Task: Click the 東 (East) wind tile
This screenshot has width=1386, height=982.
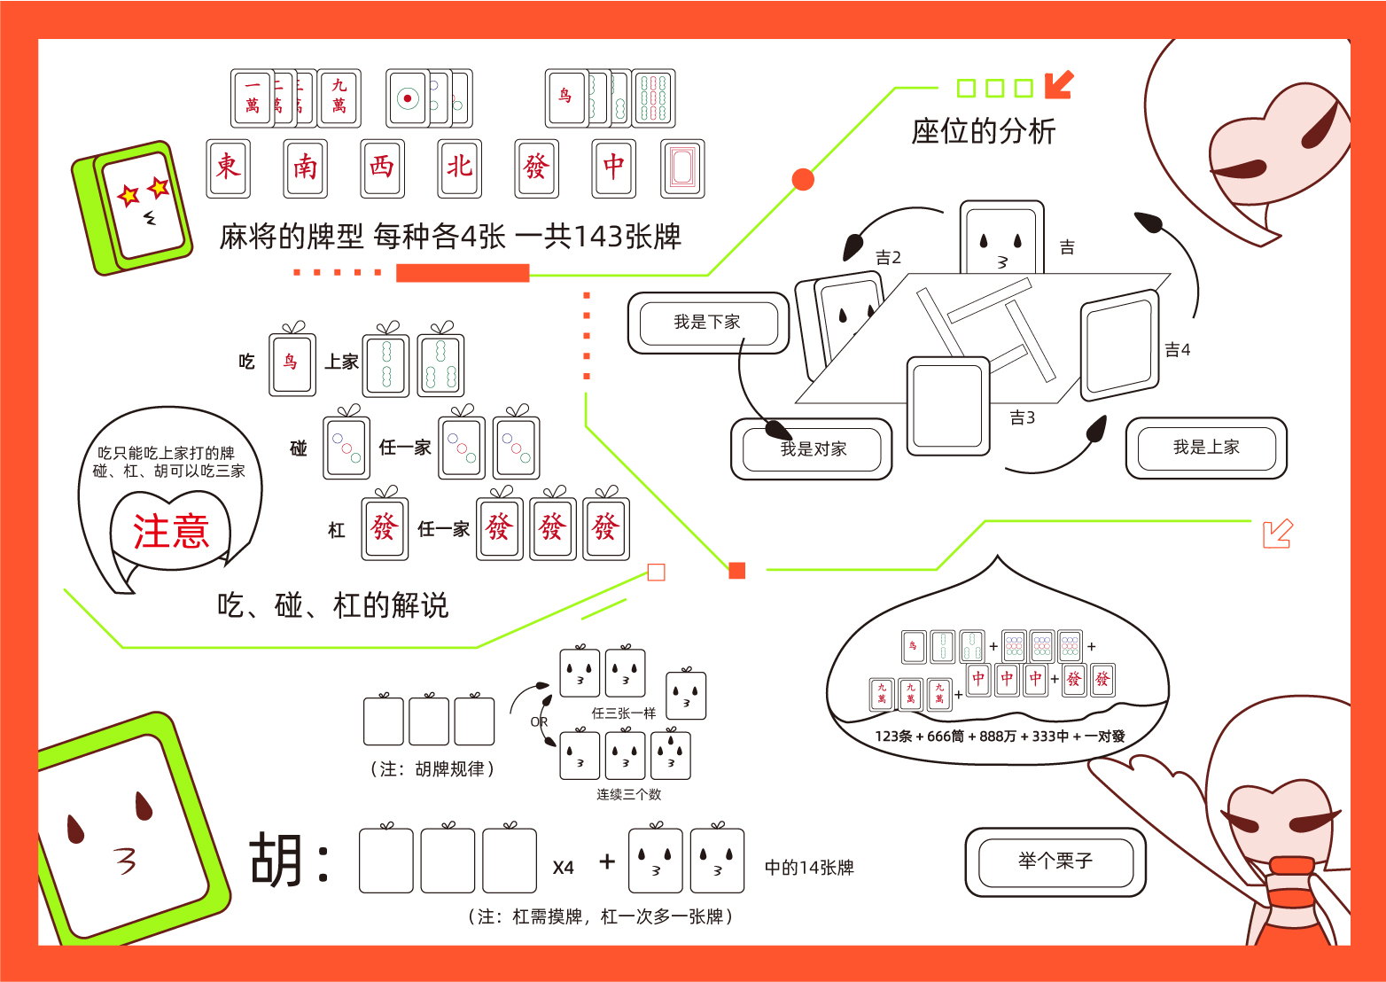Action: (x=229, y=168)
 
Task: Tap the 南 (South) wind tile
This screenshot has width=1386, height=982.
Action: (x=306, y=168)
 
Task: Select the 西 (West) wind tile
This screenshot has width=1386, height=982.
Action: (x=383, y=168)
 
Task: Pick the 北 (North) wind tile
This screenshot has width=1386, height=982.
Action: (x=460, y=168)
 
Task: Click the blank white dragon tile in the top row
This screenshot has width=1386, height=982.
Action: (x=682, y=168)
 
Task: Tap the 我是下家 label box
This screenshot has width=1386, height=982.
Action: (x=707, y=323)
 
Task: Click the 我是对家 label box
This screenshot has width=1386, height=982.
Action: (x=812, y=449)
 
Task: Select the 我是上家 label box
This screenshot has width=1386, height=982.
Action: (x=1205, y=448)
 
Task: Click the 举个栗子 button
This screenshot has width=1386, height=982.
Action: (x=1055, y=861)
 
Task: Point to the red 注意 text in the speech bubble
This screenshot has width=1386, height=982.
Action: (x=171, y=532)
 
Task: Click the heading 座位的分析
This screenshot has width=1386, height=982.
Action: (x=983, y=132)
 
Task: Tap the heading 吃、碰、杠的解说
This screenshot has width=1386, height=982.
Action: (x=333, y=606)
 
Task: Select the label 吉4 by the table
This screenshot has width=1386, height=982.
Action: (x=1177, y=350)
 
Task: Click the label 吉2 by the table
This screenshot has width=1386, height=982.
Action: (x=888, y=258)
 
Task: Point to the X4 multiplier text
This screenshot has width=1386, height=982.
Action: (x=564, y=869)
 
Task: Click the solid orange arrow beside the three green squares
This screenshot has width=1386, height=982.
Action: (x=1059, y=85)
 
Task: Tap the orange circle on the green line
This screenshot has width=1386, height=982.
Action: (x=803, y=180)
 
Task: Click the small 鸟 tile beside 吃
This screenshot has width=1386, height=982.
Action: (x=292, y=362)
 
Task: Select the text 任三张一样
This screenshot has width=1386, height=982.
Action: (x=624, y=713)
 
